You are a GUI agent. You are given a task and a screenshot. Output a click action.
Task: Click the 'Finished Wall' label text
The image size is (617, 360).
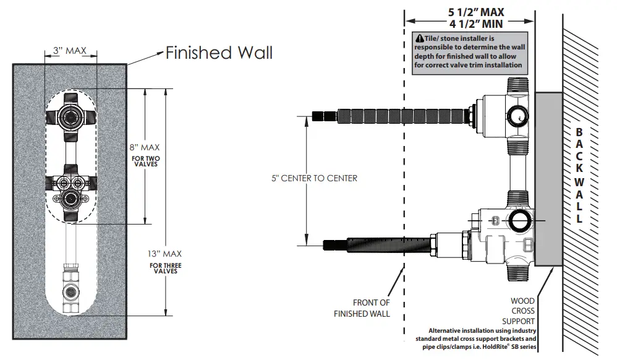point(219,53)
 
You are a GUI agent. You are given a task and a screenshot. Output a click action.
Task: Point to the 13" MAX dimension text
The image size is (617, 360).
point(164,254)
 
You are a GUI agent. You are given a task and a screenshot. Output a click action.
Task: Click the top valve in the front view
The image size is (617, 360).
point(70,115)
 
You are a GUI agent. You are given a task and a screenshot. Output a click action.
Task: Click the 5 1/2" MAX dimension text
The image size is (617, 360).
point(475,12)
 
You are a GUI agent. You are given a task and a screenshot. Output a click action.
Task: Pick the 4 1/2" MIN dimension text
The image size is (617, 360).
point(475,25)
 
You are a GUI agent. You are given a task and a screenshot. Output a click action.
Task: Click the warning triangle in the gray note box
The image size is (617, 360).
point(420,38)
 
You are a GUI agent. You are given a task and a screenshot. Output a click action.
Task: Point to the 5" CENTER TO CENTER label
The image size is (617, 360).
point(315,178)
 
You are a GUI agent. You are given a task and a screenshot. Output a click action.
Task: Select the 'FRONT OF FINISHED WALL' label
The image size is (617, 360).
point(371,307)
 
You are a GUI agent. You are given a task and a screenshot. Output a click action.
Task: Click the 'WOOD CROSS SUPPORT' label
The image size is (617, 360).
point(522,311)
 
